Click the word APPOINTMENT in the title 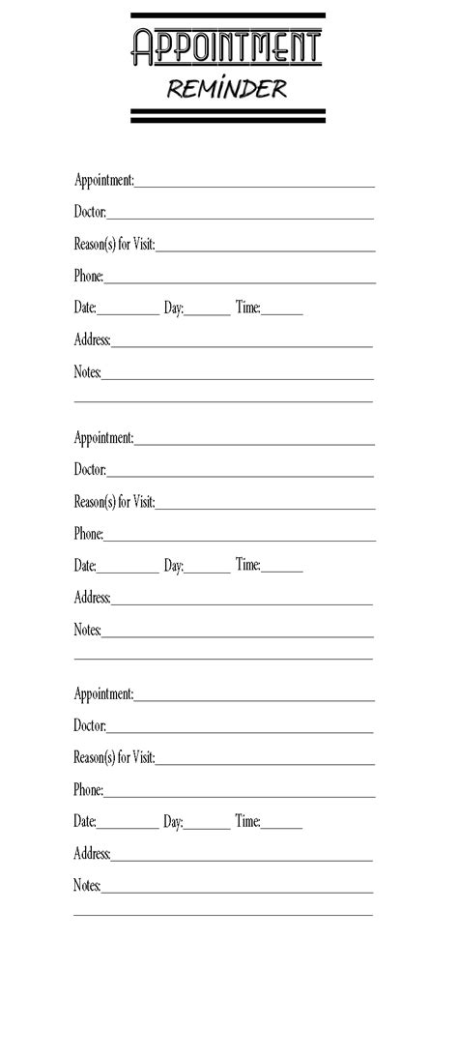[227, 48]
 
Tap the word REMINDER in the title [227, 89]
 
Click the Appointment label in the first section [104, 180]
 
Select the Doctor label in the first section [90, 212]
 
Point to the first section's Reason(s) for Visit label [114, 244]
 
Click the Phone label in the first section [88, 276]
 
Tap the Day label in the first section [173, 308]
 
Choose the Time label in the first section [247, 308]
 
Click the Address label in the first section [92, 339]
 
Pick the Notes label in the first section [87, 371]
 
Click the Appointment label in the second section [104, 438]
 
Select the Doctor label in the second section [90, 470]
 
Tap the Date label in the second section [85, 566]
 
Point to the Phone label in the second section [88, 534]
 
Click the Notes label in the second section [87, 630]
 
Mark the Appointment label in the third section [104, 693]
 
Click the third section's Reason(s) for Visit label [114, 757]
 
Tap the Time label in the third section [247, 821]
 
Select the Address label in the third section [92, 853]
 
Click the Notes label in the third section [87, 885]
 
